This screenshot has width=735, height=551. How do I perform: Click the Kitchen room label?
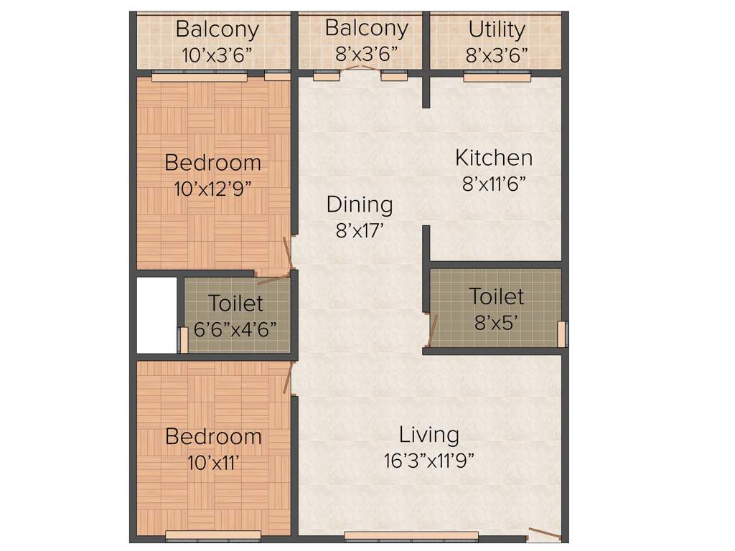[x=494, y=157]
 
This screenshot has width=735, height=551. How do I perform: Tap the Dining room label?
[x=360, y=204]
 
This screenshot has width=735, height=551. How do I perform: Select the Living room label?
[x=429, y=434]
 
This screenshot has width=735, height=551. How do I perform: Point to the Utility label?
[x=497, y=29]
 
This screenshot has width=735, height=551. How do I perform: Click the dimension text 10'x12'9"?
[x=212, y=189]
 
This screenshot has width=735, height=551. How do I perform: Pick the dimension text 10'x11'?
[x=212, y=463]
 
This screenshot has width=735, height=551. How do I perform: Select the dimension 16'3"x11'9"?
[x=429, y=460]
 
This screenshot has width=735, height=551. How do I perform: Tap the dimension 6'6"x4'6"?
[x=235, y=329]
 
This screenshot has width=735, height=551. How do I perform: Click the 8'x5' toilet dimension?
[x=497, y=322]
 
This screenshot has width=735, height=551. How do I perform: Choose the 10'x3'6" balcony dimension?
[x=217, y=56]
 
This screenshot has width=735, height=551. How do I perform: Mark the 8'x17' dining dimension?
[x=360, y=231]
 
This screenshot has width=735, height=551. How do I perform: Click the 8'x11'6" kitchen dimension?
[x=494, y=184]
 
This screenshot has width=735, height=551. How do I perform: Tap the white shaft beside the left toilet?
[x=156, y=315]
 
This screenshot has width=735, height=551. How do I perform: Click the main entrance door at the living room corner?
[x=545, y=534]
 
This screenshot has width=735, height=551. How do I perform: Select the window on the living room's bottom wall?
[x=411, y=535]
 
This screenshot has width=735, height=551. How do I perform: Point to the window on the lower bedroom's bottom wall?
[x=213, y=534]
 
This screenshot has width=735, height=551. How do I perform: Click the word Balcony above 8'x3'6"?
[x=366, y=28]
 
